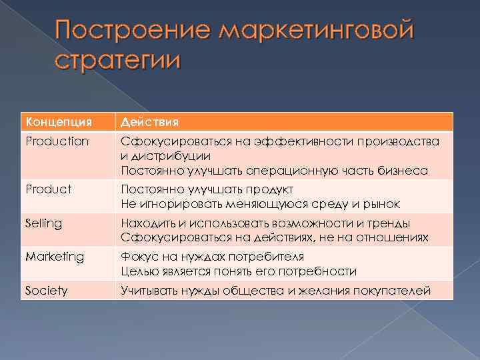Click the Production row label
click(x=57, y=141)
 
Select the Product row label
click(x=48, y=189)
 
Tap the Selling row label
click(x=43, y=223)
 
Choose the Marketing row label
click(x=55, y=256)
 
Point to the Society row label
click(x=46, y=290)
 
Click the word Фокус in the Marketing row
click(x=138, y=256)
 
